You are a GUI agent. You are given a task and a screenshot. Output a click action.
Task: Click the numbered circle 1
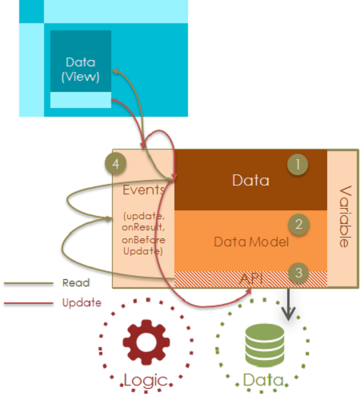point(298,164)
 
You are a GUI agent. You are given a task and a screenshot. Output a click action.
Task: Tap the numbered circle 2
point(298,225)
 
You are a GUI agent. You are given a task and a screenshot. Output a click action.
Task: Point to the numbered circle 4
point(117,163)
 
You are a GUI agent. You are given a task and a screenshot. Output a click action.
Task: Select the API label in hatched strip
point(252,276)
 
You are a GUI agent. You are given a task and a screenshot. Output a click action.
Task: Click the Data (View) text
point(81,70)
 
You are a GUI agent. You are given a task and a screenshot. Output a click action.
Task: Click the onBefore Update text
point(144,246)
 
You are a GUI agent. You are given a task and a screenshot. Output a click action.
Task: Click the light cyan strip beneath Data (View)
point(81,99)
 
